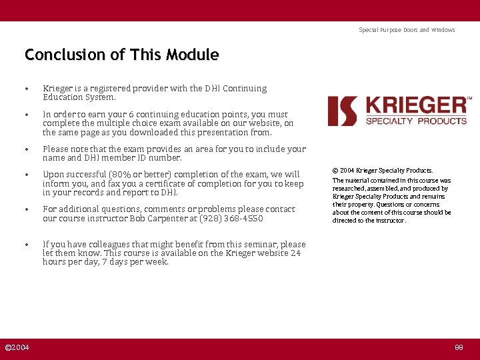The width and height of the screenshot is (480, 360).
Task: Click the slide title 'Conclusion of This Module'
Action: pyautogui.click(x=121, y=55)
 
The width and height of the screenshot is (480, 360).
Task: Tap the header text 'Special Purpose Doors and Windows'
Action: pyautogui.click(x=407, y=30)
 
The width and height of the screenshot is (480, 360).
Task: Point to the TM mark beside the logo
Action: pyautogui.click(x=469, y=99)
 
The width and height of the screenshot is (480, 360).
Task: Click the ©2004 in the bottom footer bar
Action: pyautogui.click(x=17, y=348)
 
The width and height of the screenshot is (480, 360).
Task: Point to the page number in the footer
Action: pyautogui.click(x=459, y=348)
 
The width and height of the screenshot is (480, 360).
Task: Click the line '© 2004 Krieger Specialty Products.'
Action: pyautogui.click(x=383, y=171)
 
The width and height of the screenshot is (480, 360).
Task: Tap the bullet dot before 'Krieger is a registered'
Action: pyautogui.click(x=26, y=89)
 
